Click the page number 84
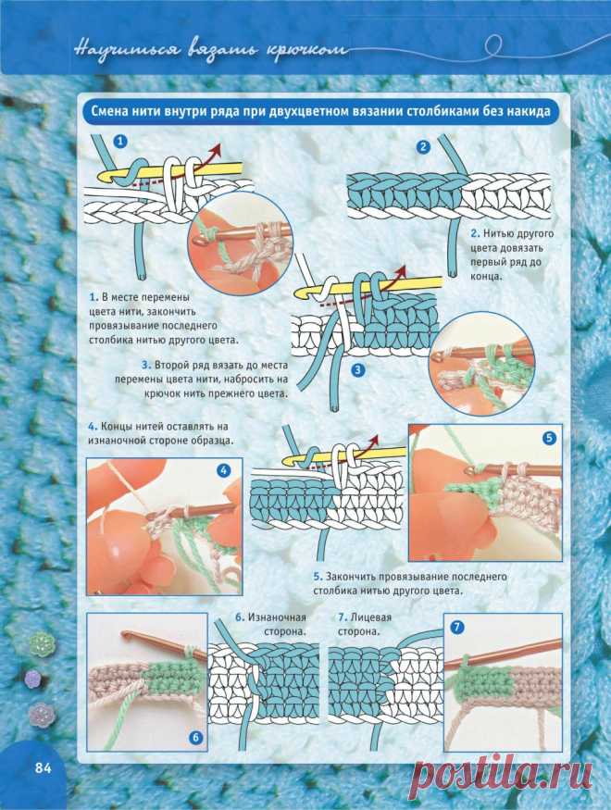pyautogui.click(x=44, y=768)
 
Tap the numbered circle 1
pyautogui.click(x=120, y=141)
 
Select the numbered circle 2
pyautogui.click(x=423, y=146)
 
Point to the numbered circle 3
pyautogui.click(x=357, y=370)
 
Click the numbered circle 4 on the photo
pyautogui.click(x=224, y=470)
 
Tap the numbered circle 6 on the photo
pyautogui.click(x=195, y=737)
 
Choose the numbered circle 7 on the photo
pyautogui.click(x=457, y=627)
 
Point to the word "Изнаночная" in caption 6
pyautogui.click(x=277, y=617)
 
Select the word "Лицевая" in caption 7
pyautogui.click(x=371, y=617)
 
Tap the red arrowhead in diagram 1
pyautogui.click(x=216, y=149)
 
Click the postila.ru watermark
pyautogui.click(x=505, y=773)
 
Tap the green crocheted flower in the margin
pyautogui.click(x=42, y=644)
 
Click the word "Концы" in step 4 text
pyautogui.click(x=113, y=427)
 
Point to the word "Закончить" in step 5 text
pyautogui.click(x=350, y=577)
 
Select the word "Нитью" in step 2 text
pyautogui.click(x=497, y=233)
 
